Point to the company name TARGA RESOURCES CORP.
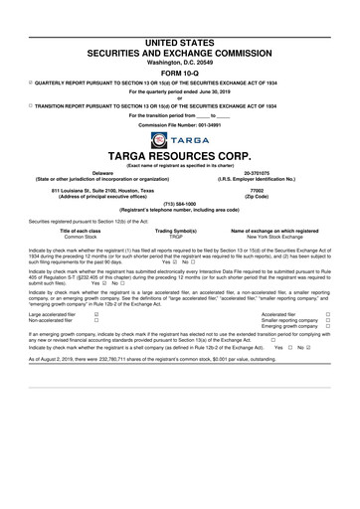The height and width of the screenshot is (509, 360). point(179,156)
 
